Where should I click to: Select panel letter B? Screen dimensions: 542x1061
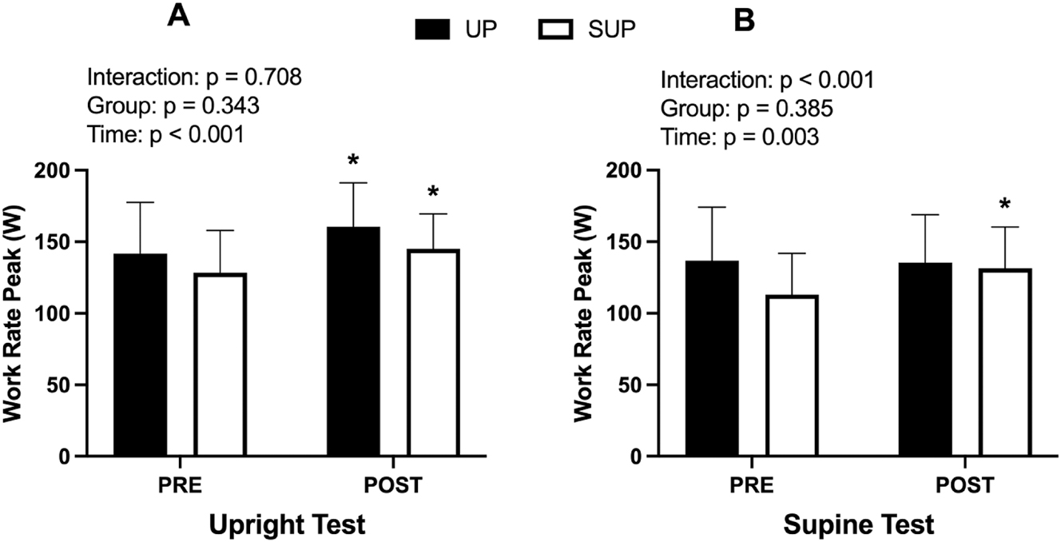point(744,19)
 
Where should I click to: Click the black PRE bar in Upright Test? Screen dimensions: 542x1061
point(141,355)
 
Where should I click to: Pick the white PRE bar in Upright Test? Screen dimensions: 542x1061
point(220,365)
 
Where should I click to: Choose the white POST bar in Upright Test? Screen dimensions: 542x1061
point(432,353)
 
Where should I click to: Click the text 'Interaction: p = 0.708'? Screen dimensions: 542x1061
point(194,78)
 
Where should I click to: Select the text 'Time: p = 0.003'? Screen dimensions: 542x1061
point(738,137)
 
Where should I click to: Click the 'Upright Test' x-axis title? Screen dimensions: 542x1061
point(287,525)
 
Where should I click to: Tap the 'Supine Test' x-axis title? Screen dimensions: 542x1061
point(859,525)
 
